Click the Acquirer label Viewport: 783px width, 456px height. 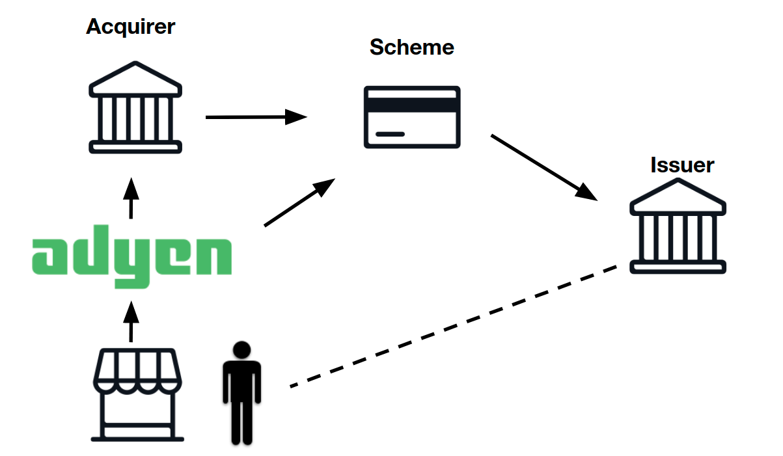click(x=130, y=27)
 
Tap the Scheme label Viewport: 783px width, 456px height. click(x=412, y=47)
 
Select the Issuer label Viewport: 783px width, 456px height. click(x=682, y=165)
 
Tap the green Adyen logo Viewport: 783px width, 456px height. click(x=131, y=257)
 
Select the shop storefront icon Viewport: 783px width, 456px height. click(x=137, y=395)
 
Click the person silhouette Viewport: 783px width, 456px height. click(x=241, y=393)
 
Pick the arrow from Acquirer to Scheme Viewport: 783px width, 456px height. click(x=256, y=117)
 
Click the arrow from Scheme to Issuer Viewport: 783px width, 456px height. click(x=544, y=168)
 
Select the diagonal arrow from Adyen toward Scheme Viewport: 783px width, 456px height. click(x=299, y=202)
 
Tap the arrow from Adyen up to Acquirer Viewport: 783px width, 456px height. click(x=131, y=198)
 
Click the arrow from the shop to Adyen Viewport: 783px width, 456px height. click(x=131, y=321)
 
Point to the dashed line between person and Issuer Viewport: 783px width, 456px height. click(x=454, y=327)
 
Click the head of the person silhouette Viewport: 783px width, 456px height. click(x=241, y=350)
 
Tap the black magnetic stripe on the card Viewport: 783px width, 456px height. click(x=412, y=105)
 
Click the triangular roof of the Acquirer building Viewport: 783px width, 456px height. click(x=135, y=79)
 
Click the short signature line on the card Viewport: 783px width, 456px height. click(x=390, y=134)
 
